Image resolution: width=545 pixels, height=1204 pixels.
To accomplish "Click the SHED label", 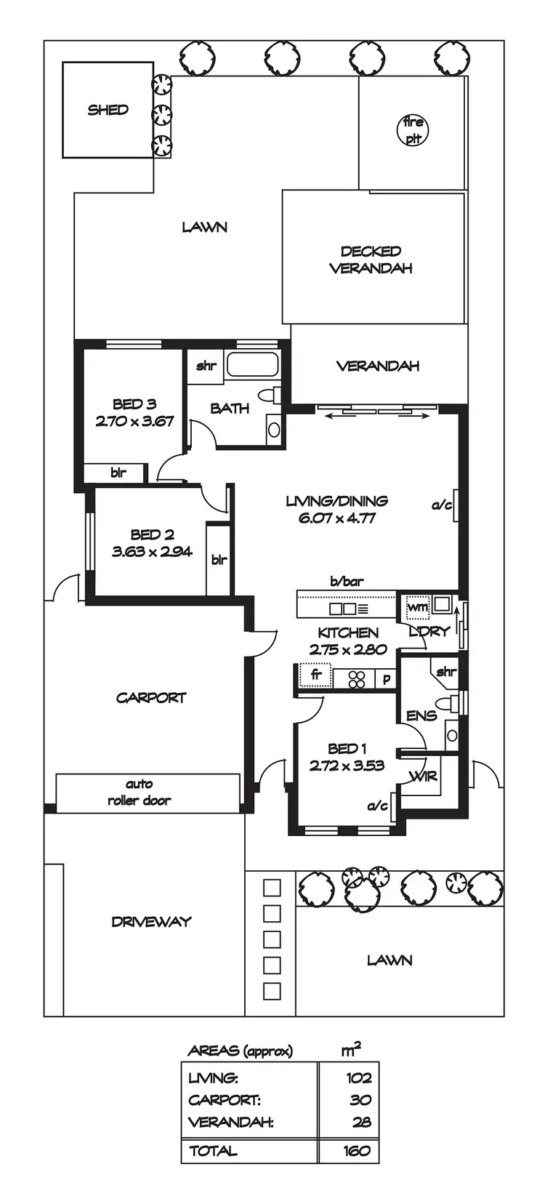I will tap(108, 111).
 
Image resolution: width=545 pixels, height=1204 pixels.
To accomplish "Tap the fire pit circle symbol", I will tap(413, 130).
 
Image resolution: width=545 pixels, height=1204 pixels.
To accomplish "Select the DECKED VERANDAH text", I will tap(371, 260).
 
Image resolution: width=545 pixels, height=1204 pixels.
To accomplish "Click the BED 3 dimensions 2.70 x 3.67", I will tap(134, 421).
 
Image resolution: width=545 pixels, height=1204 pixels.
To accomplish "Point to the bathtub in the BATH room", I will tap(251, 365).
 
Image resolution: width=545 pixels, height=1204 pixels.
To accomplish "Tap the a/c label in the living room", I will tap(441, 505).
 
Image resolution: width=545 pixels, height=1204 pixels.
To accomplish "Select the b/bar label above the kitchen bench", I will tap(347, 582).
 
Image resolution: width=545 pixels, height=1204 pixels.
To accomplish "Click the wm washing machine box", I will tap(416, 606).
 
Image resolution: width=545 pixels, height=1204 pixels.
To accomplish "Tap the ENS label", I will tap(421, 716).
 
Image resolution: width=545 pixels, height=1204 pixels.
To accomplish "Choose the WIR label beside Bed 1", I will tap(423, 776).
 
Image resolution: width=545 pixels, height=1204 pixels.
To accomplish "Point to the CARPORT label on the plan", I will tap(151, 698).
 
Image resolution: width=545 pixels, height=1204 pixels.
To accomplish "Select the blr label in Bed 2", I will tap(219, 560).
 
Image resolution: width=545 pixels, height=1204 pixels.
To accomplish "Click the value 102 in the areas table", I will tap(358, 1078).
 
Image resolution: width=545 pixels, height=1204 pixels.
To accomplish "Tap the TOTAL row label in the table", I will tap(213, 1151).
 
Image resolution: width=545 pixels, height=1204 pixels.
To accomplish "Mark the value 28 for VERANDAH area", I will tap(361, 1122).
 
